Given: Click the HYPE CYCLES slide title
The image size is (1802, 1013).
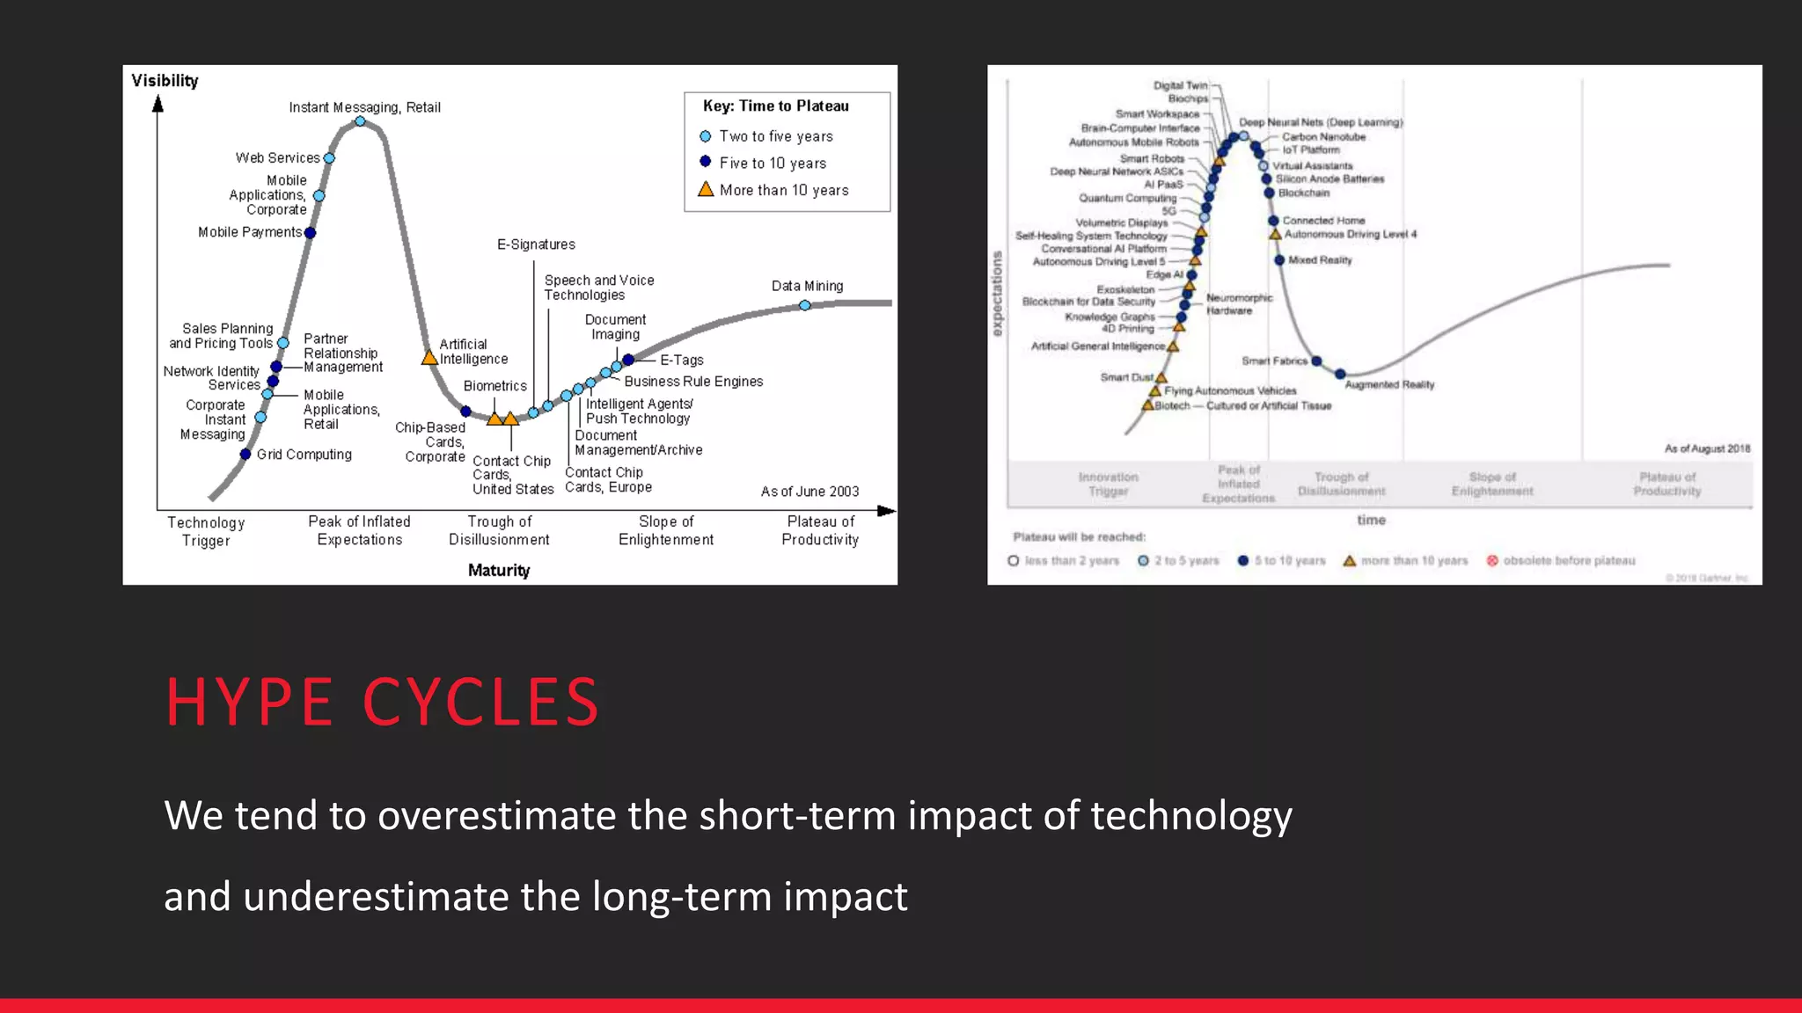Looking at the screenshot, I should click(382, 702).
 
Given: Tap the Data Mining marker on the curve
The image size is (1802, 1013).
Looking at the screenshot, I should click(805, 305).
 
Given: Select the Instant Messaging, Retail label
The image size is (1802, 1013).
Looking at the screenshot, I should click(364, 107).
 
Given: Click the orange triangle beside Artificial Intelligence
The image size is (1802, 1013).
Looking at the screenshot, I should click(429, 358).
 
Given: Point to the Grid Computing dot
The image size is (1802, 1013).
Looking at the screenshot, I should click(245, 454).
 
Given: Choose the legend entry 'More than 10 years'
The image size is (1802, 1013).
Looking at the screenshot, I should click(783, 190).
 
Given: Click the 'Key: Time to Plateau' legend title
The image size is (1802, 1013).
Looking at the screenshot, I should click(776, 106).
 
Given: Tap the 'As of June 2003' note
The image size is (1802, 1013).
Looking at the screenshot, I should click(809, 492).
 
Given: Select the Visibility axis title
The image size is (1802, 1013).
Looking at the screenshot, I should click(165, 81).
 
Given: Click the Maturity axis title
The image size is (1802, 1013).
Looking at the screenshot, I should click(499, 570).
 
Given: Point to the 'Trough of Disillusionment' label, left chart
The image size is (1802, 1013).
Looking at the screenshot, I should click(499, 530).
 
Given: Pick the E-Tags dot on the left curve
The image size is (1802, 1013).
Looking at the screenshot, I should click(628, 360).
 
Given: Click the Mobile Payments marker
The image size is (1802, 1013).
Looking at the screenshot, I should click(310, 233).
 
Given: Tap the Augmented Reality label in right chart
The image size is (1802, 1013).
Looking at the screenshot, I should click(1389, 384).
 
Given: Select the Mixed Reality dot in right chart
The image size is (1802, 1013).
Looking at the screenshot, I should click(1279, 260).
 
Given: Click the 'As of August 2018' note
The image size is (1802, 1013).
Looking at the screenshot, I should click(1706, 448).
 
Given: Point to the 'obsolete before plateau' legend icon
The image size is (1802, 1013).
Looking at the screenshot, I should click(1492, 561).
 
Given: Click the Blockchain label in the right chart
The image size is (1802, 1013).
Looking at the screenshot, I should click(1303, 193).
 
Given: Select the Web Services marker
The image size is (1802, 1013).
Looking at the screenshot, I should click(329, 158).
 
